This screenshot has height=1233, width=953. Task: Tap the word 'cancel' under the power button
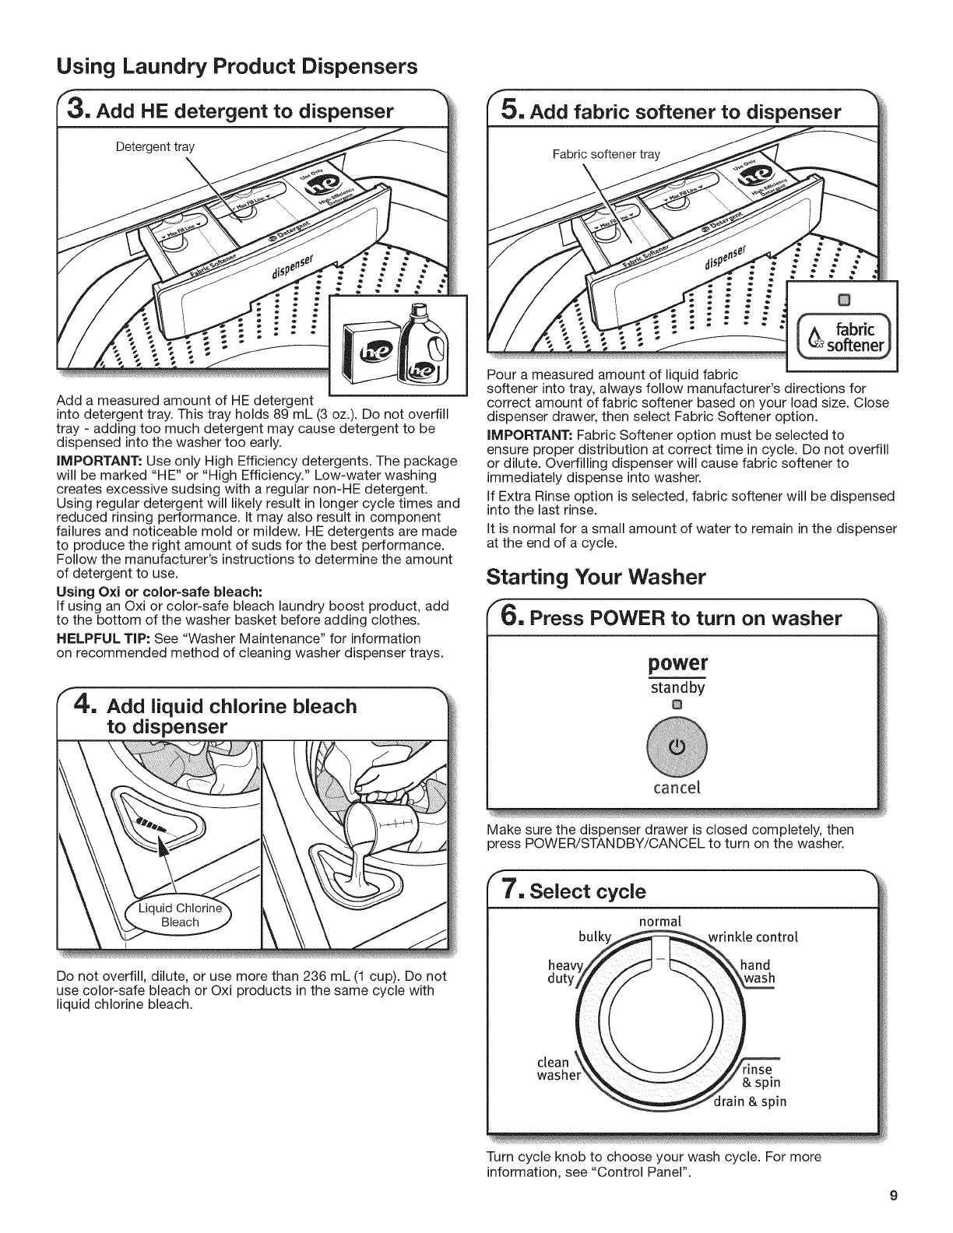(x=676, y=787)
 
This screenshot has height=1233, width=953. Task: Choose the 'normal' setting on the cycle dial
(x=659, y=921)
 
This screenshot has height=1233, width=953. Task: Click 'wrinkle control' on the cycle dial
(x=753, y=936)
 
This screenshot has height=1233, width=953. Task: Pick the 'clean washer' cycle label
(x=558, y=1070)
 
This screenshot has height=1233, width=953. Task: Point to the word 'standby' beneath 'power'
(x=677, y=687)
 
